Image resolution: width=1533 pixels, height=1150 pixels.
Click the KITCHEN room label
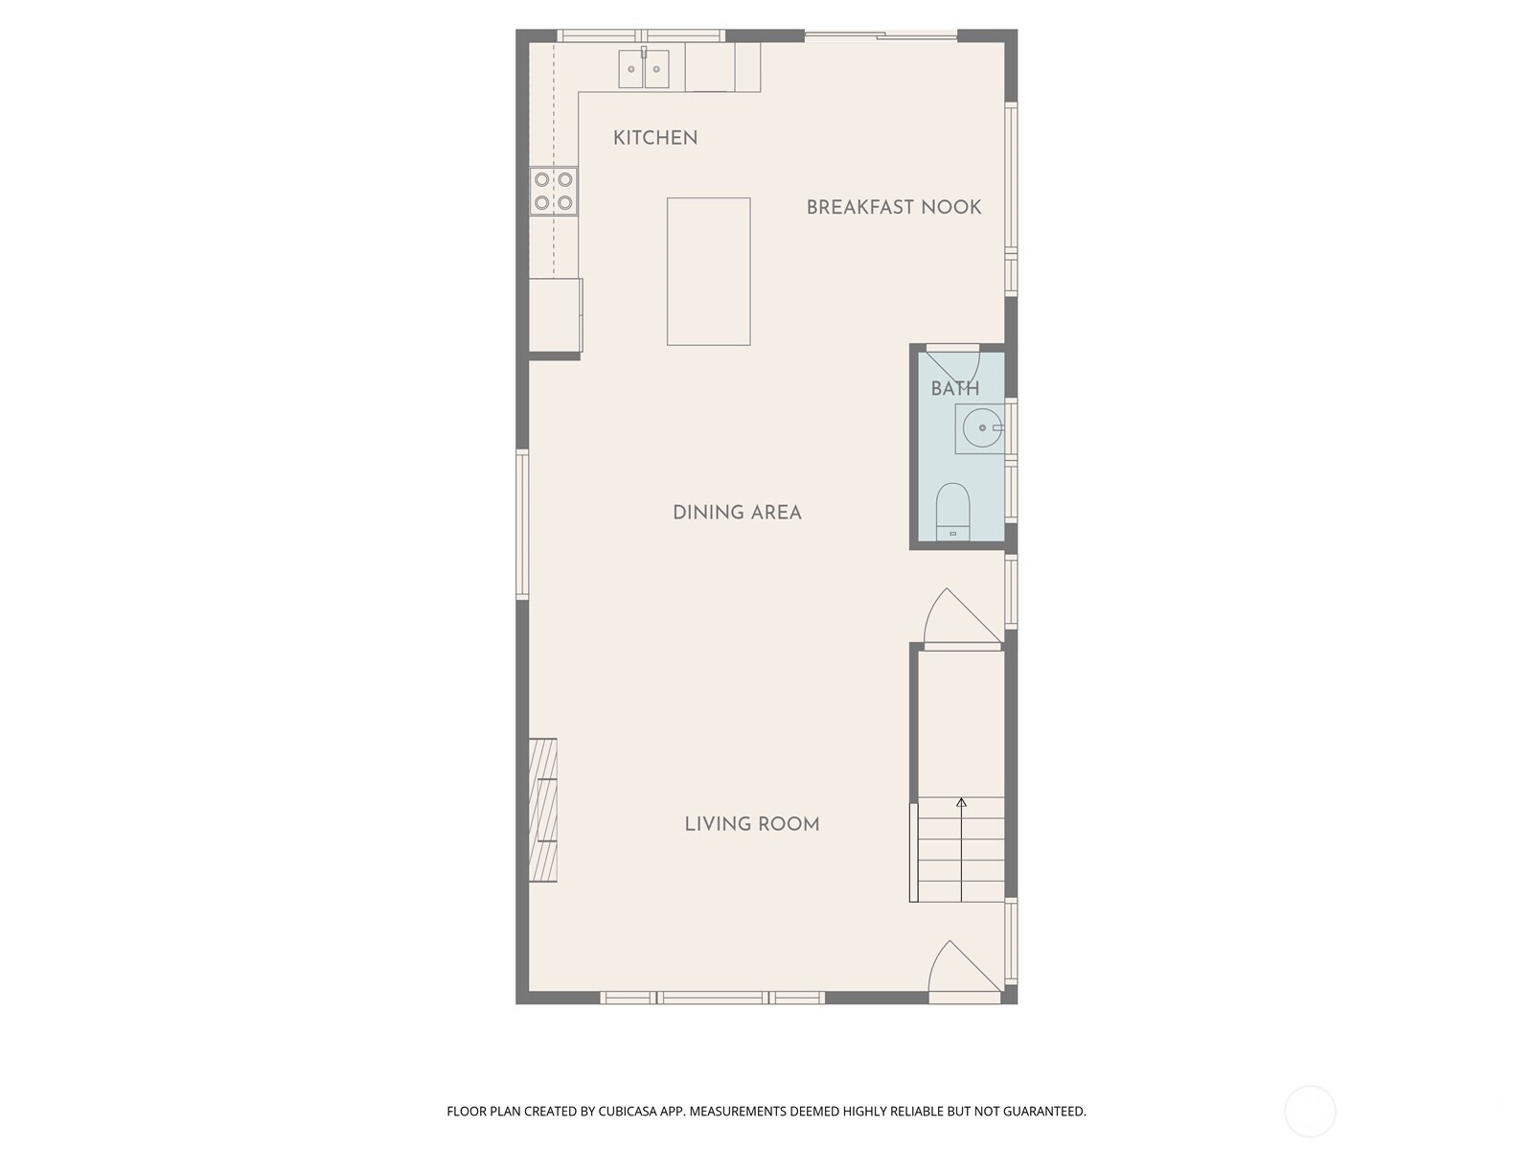pos(654,138)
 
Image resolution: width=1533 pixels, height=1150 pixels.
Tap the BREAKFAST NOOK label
pos(893,207)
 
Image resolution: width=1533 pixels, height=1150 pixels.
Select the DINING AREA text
pos(737,513)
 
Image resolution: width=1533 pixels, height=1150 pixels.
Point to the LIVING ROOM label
pos(751,824)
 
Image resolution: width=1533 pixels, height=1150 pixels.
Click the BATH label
pos(954,388)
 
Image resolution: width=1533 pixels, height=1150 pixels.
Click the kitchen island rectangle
pos(708,271)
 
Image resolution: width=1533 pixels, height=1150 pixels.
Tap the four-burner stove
pos(553,191)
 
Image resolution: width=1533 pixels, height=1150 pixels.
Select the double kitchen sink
pos(643,68)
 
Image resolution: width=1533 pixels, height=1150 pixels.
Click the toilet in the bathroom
pos(952,511)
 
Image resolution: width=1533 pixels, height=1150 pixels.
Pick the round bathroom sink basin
pos(982,427)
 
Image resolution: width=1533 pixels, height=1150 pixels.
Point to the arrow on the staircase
pos(961,850)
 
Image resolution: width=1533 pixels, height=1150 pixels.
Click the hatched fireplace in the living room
pos(542,810)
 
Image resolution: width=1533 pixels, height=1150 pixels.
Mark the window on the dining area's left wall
pos(522,524)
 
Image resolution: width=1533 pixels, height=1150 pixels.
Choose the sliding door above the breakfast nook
pos(881,34)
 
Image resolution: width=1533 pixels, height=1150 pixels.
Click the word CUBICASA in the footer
pos(628,1111)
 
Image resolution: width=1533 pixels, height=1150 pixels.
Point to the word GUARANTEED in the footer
pos(1044,1111)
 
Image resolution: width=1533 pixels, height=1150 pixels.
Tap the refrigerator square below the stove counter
pos(555,315)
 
